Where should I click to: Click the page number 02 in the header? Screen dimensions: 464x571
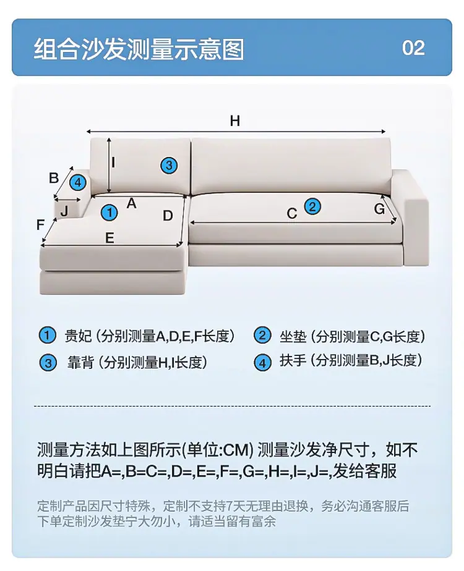coord(413,48)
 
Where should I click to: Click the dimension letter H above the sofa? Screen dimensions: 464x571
coord(235,121)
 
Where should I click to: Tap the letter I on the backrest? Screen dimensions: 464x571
coord(113,162)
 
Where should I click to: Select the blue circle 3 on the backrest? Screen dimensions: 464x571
coord(169,166)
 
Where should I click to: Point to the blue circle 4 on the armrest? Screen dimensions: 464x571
coord(77,182)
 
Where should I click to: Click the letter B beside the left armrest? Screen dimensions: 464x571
coord(54,178)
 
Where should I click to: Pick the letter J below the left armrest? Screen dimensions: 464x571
coord(64,211)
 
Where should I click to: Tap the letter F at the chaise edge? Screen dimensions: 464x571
coord(40,225)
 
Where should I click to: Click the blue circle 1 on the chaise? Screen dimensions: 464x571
coord(110,212)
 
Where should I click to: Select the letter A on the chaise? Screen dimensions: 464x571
coord(132,203)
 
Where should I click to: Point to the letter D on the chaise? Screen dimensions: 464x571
coord(168,216)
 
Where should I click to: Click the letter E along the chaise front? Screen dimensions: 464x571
coord(110,238)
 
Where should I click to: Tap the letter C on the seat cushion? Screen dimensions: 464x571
coord(292,213)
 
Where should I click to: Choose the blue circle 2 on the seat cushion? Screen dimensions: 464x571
coord(312,206)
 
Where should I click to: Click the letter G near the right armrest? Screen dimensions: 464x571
coord(379,209)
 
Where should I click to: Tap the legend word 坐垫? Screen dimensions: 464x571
coord(293,336)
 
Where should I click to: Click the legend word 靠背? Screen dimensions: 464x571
coord(80,362)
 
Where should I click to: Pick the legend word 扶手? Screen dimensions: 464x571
coord(293,360)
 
